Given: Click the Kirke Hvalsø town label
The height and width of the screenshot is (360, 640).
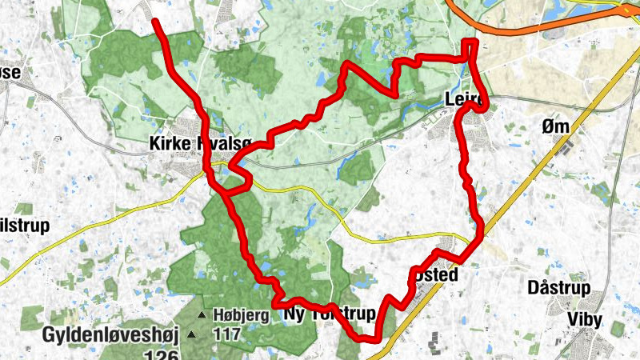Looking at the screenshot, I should [x=200, y=143].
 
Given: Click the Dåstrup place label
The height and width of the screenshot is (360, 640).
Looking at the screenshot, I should [x=559, y=288].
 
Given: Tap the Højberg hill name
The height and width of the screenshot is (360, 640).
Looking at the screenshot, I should [x=240, y=314].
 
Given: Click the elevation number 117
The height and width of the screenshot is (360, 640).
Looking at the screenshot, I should [x=227, y=334].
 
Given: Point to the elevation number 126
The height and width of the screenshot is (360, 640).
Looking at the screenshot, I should [x=161, y=353].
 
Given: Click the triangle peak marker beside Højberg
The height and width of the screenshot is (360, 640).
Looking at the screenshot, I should [x=202, y=314].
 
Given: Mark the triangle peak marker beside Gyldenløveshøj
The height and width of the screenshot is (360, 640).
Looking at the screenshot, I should [x=192, y=334].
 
